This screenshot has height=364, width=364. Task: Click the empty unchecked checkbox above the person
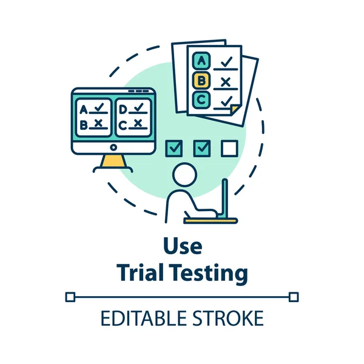pyautogui.click(x=229, y=147)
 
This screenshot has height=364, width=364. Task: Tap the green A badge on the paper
pyautogui.click(x=201, y=61)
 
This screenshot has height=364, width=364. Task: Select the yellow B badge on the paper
pyautogui.click(x=201, y=80)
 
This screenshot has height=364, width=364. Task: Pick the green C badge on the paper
pyautogui.click(x=201, y=99)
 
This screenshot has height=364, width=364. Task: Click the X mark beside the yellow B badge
pyautogui.click(x=226, y=81)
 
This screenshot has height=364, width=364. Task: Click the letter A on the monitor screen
pyautogui.click(x=84, y=110)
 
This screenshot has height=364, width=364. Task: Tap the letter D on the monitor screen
pyautogui.click(x=123, y=110)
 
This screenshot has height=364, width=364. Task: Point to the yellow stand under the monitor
pyautogui.click(x=112, y=161)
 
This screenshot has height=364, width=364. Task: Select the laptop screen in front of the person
pyautogui.click(x=224, y=197)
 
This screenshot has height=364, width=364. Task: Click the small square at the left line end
pyautogui.click(x=70, y=297)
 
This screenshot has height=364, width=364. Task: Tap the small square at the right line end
pyautogui.click(x=294, y=297)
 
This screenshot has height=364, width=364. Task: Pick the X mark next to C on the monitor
pyautogui.click(x=138, y=124)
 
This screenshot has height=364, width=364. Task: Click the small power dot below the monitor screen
pyautogui.click(x=113, y=147)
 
